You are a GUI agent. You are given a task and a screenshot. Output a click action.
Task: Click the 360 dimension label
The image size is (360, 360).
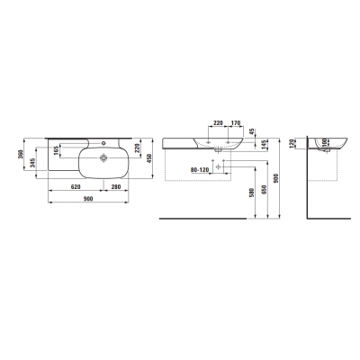(22, 157)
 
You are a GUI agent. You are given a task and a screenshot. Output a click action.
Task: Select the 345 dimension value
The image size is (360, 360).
(32, 162)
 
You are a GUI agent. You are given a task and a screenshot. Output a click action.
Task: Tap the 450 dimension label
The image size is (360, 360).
(151, 157)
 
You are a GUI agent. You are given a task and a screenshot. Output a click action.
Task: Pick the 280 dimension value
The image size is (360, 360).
(117, 187)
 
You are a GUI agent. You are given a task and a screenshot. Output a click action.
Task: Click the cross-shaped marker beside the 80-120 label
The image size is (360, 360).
(219, 166)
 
